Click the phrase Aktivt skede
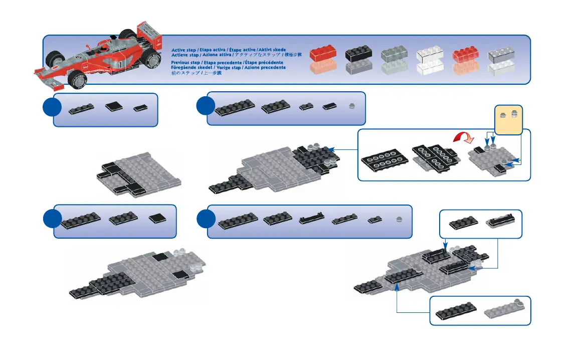(x=272, y=50)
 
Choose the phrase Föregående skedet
(x=192, y=67)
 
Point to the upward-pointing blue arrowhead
(x=397, y=287)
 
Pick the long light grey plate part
(x=503, y=310)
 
